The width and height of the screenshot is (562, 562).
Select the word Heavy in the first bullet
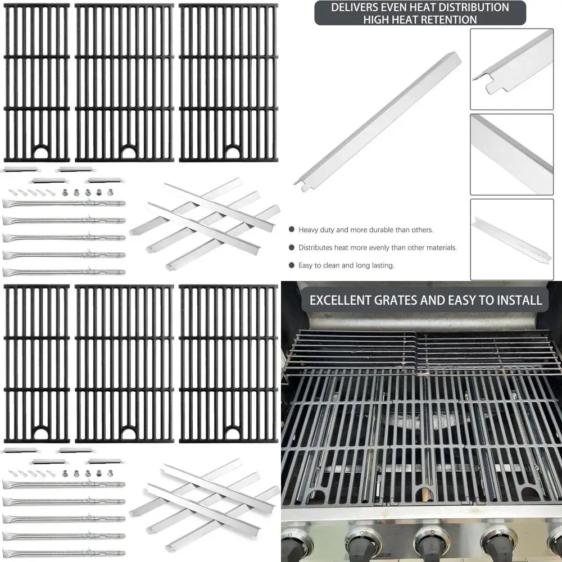(309, 230)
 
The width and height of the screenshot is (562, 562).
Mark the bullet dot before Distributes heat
(292, 247)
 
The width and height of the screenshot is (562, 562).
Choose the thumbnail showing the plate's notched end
(511, 69)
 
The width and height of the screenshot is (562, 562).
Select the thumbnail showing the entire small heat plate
(511, 239)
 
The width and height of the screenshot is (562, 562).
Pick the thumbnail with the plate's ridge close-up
(511, 154)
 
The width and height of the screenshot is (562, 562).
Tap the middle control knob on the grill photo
(432, 542)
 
